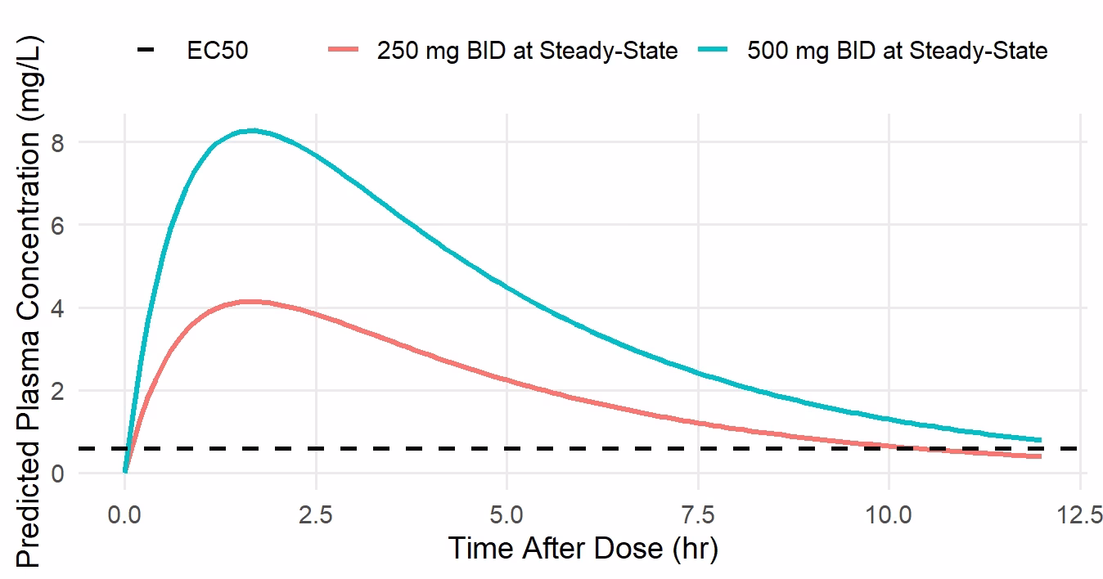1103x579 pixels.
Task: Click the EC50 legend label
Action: [x=218, y=51]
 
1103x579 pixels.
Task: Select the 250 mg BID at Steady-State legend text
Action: [x=527, y=51]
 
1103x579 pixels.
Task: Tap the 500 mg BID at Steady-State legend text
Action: [x=897, y=51]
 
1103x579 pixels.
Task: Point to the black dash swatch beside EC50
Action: [x=146, y=51]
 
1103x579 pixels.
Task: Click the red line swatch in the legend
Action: [x=343, y=51]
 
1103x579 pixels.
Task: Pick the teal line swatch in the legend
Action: [x=714, y=51]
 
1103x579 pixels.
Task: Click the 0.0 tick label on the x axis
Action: [x=124, y=517]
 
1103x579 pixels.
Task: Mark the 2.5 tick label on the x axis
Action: [x=316, y=517]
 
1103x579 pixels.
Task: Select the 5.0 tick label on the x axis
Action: [x=507, y=517]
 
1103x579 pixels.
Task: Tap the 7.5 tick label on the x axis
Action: [x=699, y=517]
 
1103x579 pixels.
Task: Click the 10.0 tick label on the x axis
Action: [x=889, y=517]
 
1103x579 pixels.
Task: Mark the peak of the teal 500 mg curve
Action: [x=254, y=130]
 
